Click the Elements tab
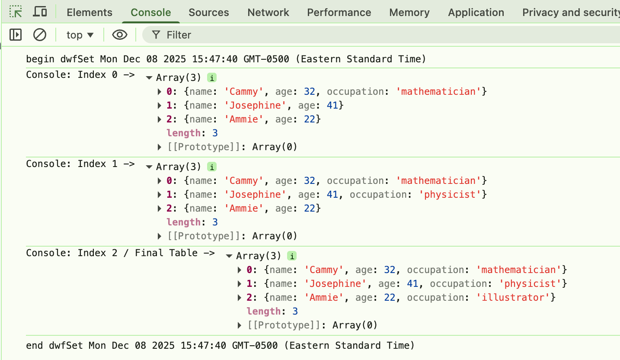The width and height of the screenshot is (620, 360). pos(89,13)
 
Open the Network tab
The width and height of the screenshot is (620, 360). pos(268,13)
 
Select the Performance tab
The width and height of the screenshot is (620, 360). pos(339,13)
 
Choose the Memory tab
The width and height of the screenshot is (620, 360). pos(409,13)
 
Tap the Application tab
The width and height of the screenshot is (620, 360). pos(476,13)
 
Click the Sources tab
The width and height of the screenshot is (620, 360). pos(208,13)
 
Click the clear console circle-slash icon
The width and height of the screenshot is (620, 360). pos(40,35)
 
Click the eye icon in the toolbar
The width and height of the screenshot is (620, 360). pos(120,35)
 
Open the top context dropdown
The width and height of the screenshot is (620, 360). pos(80,35)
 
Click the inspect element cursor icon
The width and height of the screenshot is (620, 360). pos(16,12)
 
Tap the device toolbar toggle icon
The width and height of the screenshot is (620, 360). pos(40,12)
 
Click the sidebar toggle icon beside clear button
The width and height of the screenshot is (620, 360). pos(16,35)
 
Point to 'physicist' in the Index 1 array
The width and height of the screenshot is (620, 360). pos(450,195)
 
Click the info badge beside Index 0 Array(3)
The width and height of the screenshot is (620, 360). pos(211,78)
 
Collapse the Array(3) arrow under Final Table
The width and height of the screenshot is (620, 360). pos(229,256)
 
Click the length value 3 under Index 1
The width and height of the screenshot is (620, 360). pos(215,222)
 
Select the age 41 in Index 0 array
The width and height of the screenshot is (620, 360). pos(332,106)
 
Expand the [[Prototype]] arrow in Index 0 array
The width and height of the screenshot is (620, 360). pos(160,147)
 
